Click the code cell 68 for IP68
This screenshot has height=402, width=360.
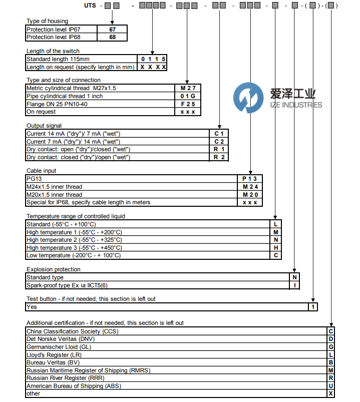coord(112,37)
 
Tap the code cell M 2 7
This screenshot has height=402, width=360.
coord(187,88)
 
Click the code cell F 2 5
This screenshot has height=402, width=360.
coord(187,104)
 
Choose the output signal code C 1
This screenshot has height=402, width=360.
coord(219,134)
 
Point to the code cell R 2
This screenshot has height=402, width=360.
coord(219,157)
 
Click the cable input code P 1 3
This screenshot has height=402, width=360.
coord(249,179)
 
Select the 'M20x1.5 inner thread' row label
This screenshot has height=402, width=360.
coord(55,195)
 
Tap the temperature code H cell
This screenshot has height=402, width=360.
coord(275,248)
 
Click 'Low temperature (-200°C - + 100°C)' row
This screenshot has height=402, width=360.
coord(74,255)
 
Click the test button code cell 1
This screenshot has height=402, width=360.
coord(312,307)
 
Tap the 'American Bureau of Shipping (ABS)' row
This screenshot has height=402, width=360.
coord(74,386)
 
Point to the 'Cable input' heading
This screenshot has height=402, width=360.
coord(41,171)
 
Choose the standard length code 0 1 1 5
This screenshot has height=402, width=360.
coord(153,59)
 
